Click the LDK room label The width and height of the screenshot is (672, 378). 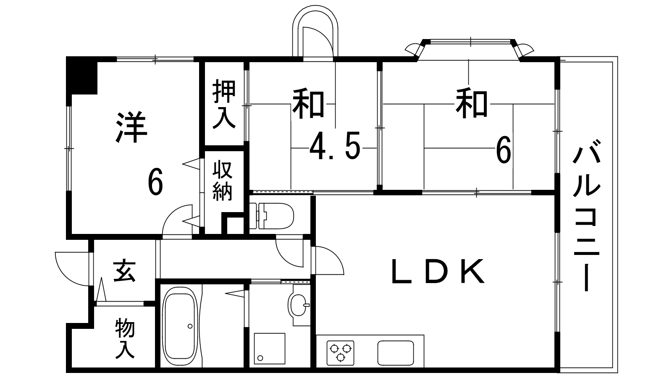pyautogui.click(x=438, y=271)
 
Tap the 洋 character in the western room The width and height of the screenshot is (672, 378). pyautogui.click(x=131, y=128)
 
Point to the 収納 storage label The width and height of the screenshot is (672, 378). pyautogui.click(x=223, y=181)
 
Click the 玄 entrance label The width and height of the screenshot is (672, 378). pyautogui.click(x=124, y=272)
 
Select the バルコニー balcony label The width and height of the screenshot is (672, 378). pyautogui.click(x=586, y=215)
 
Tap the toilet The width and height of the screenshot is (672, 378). pyautogui.click(x=271, y=216)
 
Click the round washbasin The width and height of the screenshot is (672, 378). pyautogui.click(x=298, y=305)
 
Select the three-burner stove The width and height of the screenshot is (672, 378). pyautogui.click(x=340, y=352)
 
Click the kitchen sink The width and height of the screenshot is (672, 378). pyautogui.click(x=395, y=353)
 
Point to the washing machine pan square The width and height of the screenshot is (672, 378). pyautogui.click(x=269, y=349)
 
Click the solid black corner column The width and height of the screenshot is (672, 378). pyautogui.click(x=82, y=76)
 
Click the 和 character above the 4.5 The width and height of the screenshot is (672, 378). pyautogui.click(x=308, y=102)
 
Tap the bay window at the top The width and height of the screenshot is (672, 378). pyautogui.click(x=470, y=50)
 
